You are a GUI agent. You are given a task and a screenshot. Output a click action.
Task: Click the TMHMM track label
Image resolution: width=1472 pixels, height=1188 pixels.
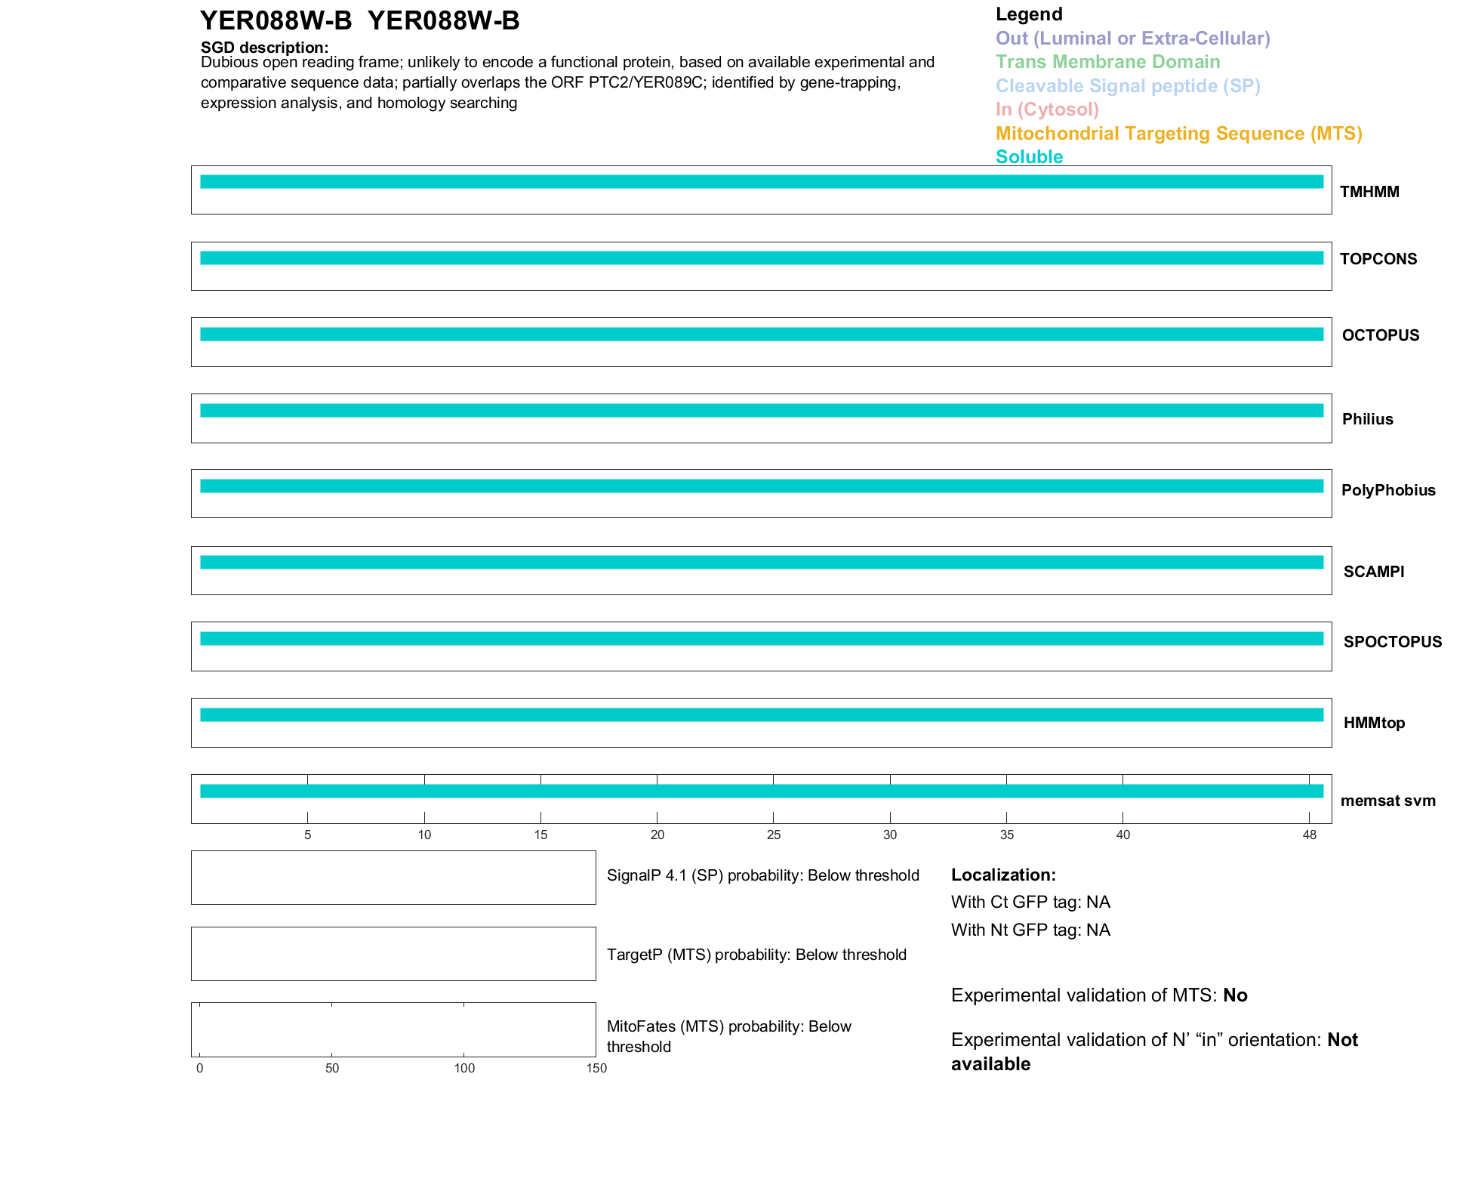coord(1369,192)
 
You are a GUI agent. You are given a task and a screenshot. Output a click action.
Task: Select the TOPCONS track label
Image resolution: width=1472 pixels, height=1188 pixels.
coord(1378,259)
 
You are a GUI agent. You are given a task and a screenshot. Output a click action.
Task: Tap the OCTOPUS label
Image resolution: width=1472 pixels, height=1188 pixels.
coord(1380,335)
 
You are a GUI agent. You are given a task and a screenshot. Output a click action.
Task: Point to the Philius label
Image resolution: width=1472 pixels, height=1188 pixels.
coord(1367,419)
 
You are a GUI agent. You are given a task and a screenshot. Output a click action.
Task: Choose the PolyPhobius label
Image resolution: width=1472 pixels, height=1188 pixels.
coord(1387,490)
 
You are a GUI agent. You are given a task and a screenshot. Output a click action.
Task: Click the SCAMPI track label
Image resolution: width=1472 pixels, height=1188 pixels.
coord(1373,572)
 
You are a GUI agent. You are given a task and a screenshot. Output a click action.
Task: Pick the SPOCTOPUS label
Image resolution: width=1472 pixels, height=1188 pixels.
coord(1392,642)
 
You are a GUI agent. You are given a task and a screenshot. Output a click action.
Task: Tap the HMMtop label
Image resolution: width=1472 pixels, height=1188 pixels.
coord(1374,723)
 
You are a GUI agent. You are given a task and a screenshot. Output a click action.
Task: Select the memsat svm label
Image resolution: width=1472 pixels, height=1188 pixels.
coord(1387,801)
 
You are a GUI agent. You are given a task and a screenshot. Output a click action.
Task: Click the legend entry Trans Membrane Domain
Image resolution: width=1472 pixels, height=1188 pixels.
coord(1107,62)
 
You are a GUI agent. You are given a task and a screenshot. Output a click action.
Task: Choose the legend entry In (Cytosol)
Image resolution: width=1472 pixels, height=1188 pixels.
coord(1047,110)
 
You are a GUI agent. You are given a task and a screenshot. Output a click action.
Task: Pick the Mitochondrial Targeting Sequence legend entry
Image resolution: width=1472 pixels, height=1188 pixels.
coord(1178,134)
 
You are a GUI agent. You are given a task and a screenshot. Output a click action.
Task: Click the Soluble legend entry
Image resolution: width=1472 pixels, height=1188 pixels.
coord(1029,157)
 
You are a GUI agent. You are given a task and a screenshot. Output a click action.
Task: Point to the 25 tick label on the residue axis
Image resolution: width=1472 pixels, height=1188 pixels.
coord(773,835)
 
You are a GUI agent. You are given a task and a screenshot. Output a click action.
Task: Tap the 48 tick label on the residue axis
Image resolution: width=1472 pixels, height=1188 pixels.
coord(1309,835)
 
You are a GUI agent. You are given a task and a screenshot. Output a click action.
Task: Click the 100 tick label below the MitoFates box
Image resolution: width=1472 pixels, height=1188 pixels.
coord(464,1068)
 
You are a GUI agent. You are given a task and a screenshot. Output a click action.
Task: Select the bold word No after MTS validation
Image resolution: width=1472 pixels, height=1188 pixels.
coord(1235,995)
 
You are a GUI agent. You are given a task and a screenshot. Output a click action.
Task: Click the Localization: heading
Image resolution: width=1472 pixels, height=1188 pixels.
coord(1003,875)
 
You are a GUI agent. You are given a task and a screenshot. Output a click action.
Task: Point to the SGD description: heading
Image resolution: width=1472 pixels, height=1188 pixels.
coord(264,48)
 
